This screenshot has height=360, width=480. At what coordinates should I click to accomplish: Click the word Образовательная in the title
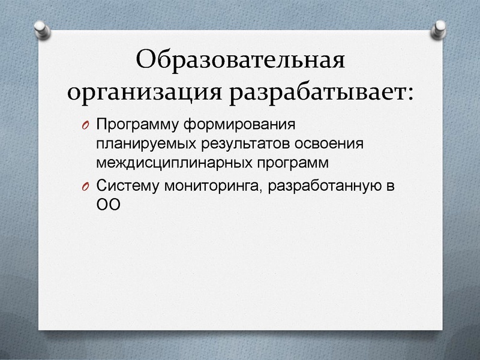click(241, 61)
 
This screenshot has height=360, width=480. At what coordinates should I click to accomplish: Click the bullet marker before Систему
click(86, 187)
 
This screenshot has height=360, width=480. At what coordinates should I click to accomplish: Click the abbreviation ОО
click(109, 205)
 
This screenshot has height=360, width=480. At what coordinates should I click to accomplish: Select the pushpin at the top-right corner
click(439, 26)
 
